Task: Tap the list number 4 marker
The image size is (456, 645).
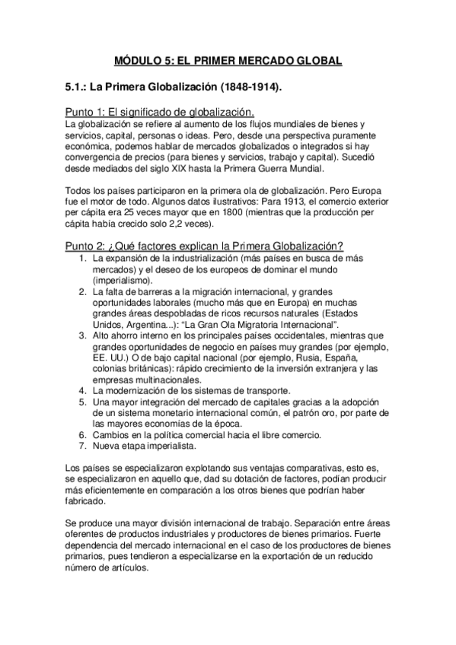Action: [84, 390]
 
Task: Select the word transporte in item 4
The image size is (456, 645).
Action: [266, 390]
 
